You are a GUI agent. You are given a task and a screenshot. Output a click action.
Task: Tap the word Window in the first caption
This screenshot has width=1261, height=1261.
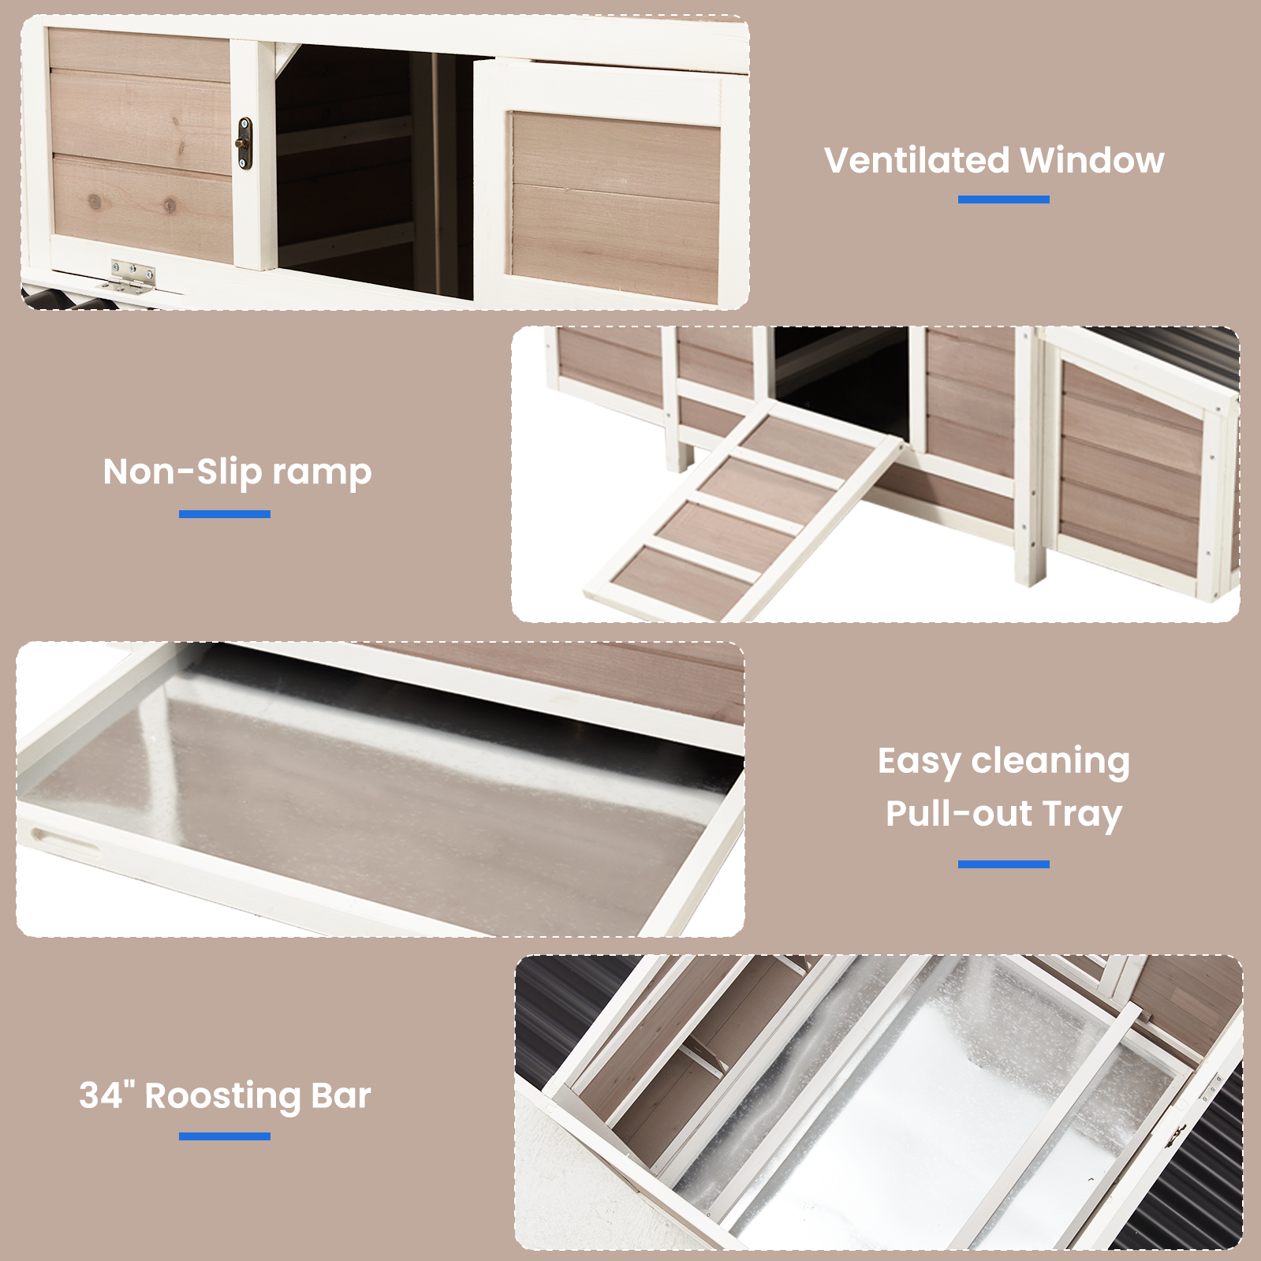[x=1092, y=160]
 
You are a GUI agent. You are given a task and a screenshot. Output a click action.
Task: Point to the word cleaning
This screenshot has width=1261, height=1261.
[x=1050, y=762]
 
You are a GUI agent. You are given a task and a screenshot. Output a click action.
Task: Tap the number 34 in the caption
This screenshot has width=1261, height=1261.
[x=102, y=1095]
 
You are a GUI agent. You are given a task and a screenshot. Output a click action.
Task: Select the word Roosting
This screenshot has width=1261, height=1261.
[x=223, y=1097]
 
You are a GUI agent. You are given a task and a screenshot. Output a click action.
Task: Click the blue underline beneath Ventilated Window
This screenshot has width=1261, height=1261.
[x=1003, y=200]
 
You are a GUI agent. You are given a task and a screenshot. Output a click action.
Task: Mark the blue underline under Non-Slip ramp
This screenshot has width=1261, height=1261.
[x=225, y=514]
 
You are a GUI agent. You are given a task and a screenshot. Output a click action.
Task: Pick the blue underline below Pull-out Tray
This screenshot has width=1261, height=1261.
[x=1003, y=864]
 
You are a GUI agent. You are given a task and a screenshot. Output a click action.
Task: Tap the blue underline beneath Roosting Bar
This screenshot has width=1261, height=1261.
[x=225, y=1136]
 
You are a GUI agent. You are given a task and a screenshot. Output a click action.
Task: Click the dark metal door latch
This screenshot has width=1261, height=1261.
[x=244, y=144]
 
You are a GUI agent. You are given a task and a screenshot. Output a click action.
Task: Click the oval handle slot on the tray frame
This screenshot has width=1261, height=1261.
[x=65, y=840]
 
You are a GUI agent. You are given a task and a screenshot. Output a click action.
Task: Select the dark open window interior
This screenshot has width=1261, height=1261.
[x=375, y=170]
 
